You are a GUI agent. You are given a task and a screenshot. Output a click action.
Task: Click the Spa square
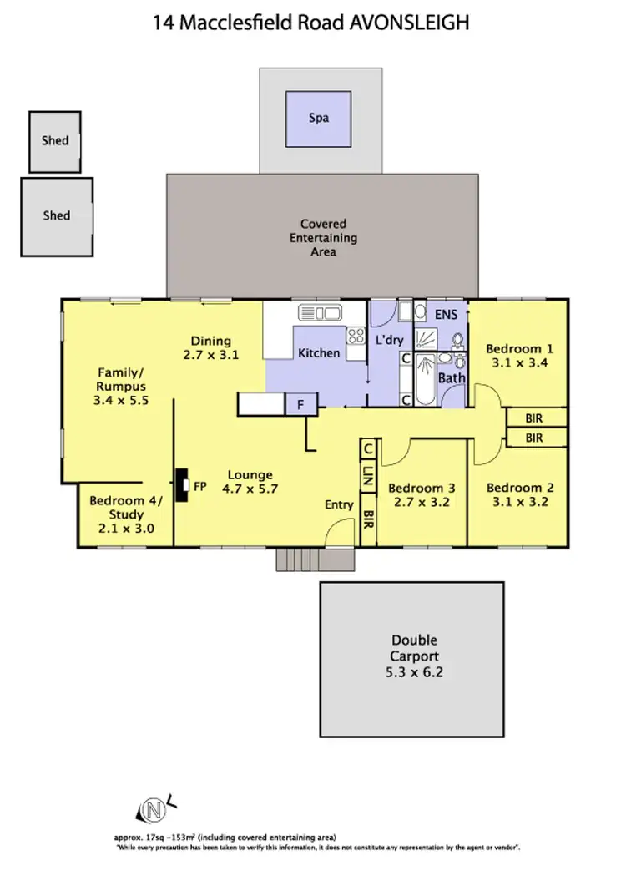pos(318,118)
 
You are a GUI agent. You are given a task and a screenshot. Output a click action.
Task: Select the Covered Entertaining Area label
pos(323,237)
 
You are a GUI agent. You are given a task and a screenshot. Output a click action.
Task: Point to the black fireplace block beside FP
pos(181,485)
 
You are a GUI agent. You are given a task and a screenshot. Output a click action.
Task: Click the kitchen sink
pos(320,313)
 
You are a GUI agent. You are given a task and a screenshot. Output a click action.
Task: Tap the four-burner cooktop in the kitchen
pos(356,337)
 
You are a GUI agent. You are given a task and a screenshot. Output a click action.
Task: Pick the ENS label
pos(447,315)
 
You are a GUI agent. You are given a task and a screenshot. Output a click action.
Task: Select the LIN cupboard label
pos(368,476)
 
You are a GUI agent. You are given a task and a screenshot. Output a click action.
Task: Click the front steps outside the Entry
pos(297,559)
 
